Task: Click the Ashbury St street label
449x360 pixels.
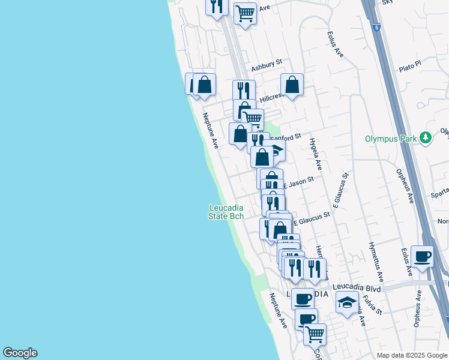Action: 267,67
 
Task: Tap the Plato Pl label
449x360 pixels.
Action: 411,66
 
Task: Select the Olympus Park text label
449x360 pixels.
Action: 391,139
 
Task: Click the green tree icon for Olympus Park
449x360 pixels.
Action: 426,138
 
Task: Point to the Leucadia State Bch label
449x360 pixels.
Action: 226,212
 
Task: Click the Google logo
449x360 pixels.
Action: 20,353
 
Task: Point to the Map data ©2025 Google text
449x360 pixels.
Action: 412,355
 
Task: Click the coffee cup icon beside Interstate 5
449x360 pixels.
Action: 422,256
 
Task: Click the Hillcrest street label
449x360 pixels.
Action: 271,97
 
